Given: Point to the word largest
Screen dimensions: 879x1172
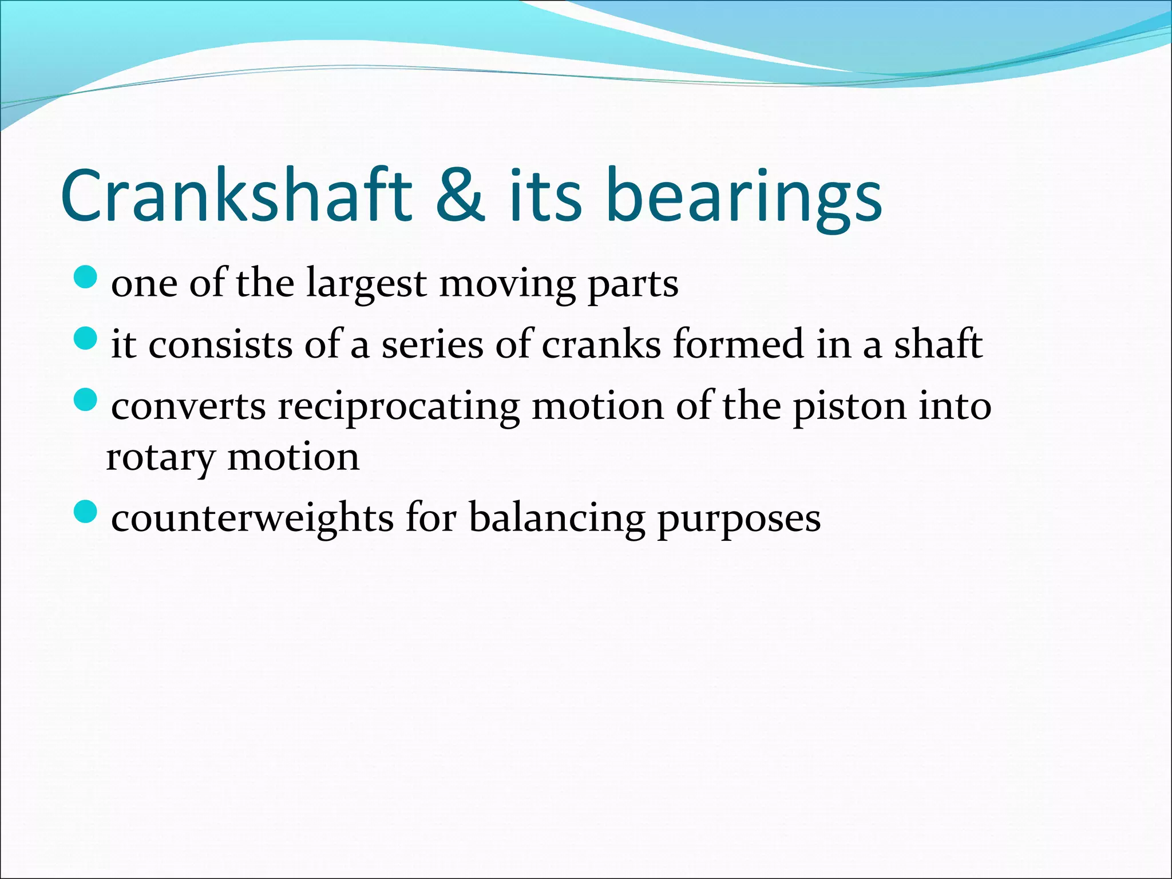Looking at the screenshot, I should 366,284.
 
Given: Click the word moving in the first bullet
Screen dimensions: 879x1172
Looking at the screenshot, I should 507,285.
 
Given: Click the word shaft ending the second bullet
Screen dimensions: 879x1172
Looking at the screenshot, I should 938,345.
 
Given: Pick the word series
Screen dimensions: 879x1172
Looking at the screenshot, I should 432,345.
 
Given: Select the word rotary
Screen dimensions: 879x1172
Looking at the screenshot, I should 160,458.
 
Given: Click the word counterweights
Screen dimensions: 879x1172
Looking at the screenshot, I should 252,518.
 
